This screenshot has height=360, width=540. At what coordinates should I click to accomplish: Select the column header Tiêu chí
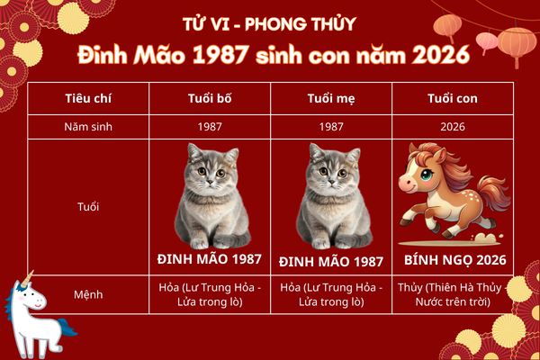88,98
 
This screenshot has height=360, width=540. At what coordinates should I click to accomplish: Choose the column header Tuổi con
453,98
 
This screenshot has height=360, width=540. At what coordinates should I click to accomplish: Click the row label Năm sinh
88,127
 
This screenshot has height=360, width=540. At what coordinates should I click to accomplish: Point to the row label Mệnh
88,292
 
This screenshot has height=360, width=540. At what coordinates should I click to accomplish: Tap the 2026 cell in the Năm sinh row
453,127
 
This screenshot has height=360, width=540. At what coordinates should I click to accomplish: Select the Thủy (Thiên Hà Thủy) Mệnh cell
453,292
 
